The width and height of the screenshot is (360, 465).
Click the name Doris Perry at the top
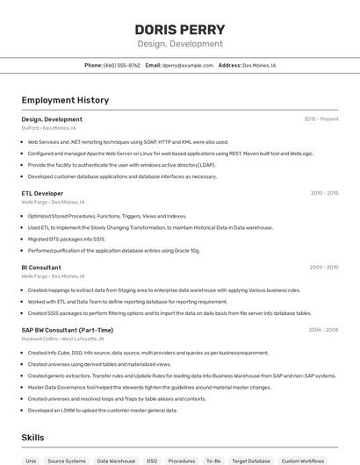(179, 30)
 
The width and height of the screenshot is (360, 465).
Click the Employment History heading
(65, 100)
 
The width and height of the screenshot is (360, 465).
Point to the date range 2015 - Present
(320, 118)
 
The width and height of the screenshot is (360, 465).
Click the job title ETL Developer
(42, 193)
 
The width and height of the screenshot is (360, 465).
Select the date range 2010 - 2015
(324, 193)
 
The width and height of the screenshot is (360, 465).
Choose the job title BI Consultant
(41, 268)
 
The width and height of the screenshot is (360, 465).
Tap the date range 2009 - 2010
(324, 268)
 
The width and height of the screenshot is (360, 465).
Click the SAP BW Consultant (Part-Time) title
(68, 330)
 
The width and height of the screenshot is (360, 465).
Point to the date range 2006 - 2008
(323, 330)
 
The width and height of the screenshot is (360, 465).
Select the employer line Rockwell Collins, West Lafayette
(62, 339)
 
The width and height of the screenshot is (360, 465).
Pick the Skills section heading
(33, 437)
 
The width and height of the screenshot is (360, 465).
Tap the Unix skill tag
(31, 461)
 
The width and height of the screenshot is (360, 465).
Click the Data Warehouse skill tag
(116, 461)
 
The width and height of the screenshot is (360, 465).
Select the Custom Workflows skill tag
(302, 461)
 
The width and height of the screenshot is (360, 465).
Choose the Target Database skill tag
(251, 461)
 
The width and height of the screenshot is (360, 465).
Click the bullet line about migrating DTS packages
(67, 239)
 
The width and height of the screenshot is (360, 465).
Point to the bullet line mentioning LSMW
(103, 410)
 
